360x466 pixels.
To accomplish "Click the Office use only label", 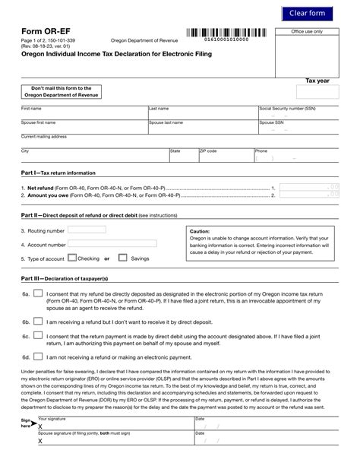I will click(x=308, y=31).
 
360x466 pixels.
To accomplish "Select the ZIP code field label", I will click(x=208, y=151).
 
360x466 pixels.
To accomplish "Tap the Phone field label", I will click(x=261, y=151).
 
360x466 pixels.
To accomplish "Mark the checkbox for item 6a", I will click(x=39, y=294).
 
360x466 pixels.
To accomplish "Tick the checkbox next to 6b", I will click(x=39, y=322).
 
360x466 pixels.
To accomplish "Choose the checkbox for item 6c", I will click(x=39, y=336).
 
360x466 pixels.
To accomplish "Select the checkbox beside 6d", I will click(x=39, y=355).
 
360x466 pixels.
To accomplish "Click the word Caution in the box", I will click(x=200, y=230).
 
